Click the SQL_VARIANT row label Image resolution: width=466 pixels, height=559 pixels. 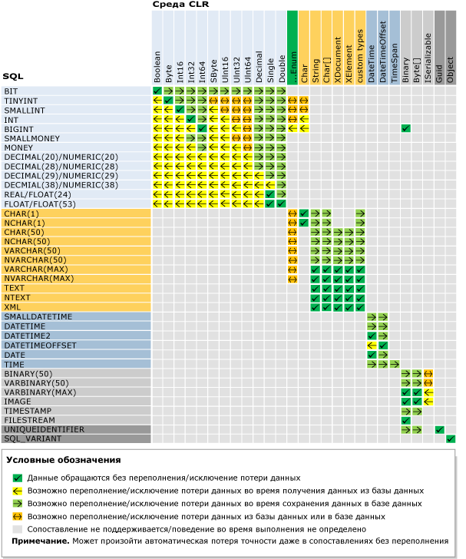pos(33,439)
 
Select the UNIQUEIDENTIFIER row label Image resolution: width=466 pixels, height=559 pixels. pos(45,429)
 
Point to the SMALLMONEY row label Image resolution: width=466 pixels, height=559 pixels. pos(31,138)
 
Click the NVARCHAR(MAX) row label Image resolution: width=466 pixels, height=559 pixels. pos(39,279)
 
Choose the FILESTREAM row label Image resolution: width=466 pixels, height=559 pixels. pos(30,420)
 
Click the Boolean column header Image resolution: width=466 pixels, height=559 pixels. pos(157,67)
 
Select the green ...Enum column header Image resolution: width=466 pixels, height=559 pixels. pos(292,68)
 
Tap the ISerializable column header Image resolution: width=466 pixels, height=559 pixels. pos(428,58)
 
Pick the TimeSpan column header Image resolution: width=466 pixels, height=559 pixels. pos(394,64)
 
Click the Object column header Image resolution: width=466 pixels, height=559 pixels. pos(451,70)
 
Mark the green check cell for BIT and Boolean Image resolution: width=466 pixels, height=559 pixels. pos(157,91)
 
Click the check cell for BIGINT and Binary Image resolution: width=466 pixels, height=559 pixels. pos(405,128)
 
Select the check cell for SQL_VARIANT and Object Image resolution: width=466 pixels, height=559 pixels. pos(451,439)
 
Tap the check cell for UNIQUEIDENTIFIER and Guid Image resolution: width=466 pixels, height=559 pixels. pos(439,429)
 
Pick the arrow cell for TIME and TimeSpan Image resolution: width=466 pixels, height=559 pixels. pos(394,364)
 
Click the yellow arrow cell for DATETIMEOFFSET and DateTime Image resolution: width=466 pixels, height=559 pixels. pos(372,346)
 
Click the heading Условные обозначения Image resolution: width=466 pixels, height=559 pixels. pos(64,460)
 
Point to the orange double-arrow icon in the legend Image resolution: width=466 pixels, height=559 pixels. pos(17,516)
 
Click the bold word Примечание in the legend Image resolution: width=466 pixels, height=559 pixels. pos(40,541)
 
